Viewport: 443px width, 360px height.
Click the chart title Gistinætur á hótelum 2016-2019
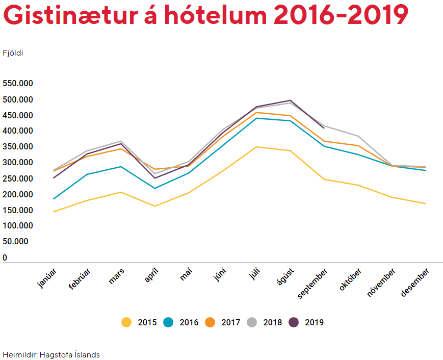tap(205, 15)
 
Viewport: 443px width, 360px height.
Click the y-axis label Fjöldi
tap(13, 53)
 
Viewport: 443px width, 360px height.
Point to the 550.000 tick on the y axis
tap(18, 84)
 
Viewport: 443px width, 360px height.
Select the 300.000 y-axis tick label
tap(18, 163)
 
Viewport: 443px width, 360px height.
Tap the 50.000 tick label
tap(16, 242)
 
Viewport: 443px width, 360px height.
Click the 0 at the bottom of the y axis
tap(5, 258)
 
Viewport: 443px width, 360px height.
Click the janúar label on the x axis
tap(47, 278)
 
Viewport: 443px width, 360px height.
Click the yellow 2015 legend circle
tap(126, 322)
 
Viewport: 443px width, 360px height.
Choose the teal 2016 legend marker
tap(168, 322)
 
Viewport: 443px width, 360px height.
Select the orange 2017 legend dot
tap(210, 322)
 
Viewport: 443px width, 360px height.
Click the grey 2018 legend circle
tap(252, 322)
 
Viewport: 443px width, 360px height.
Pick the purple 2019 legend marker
tap(294, 322)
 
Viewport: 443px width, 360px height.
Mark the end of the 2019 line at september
tap(324, 128)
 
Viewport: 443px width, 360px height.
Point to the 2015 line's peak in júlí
tap(256, 147)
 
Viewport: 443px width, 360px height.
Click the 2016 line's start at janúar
tap(53, 199)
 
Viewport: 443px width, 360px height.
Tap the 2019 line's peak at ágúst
tap(290, 100)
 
